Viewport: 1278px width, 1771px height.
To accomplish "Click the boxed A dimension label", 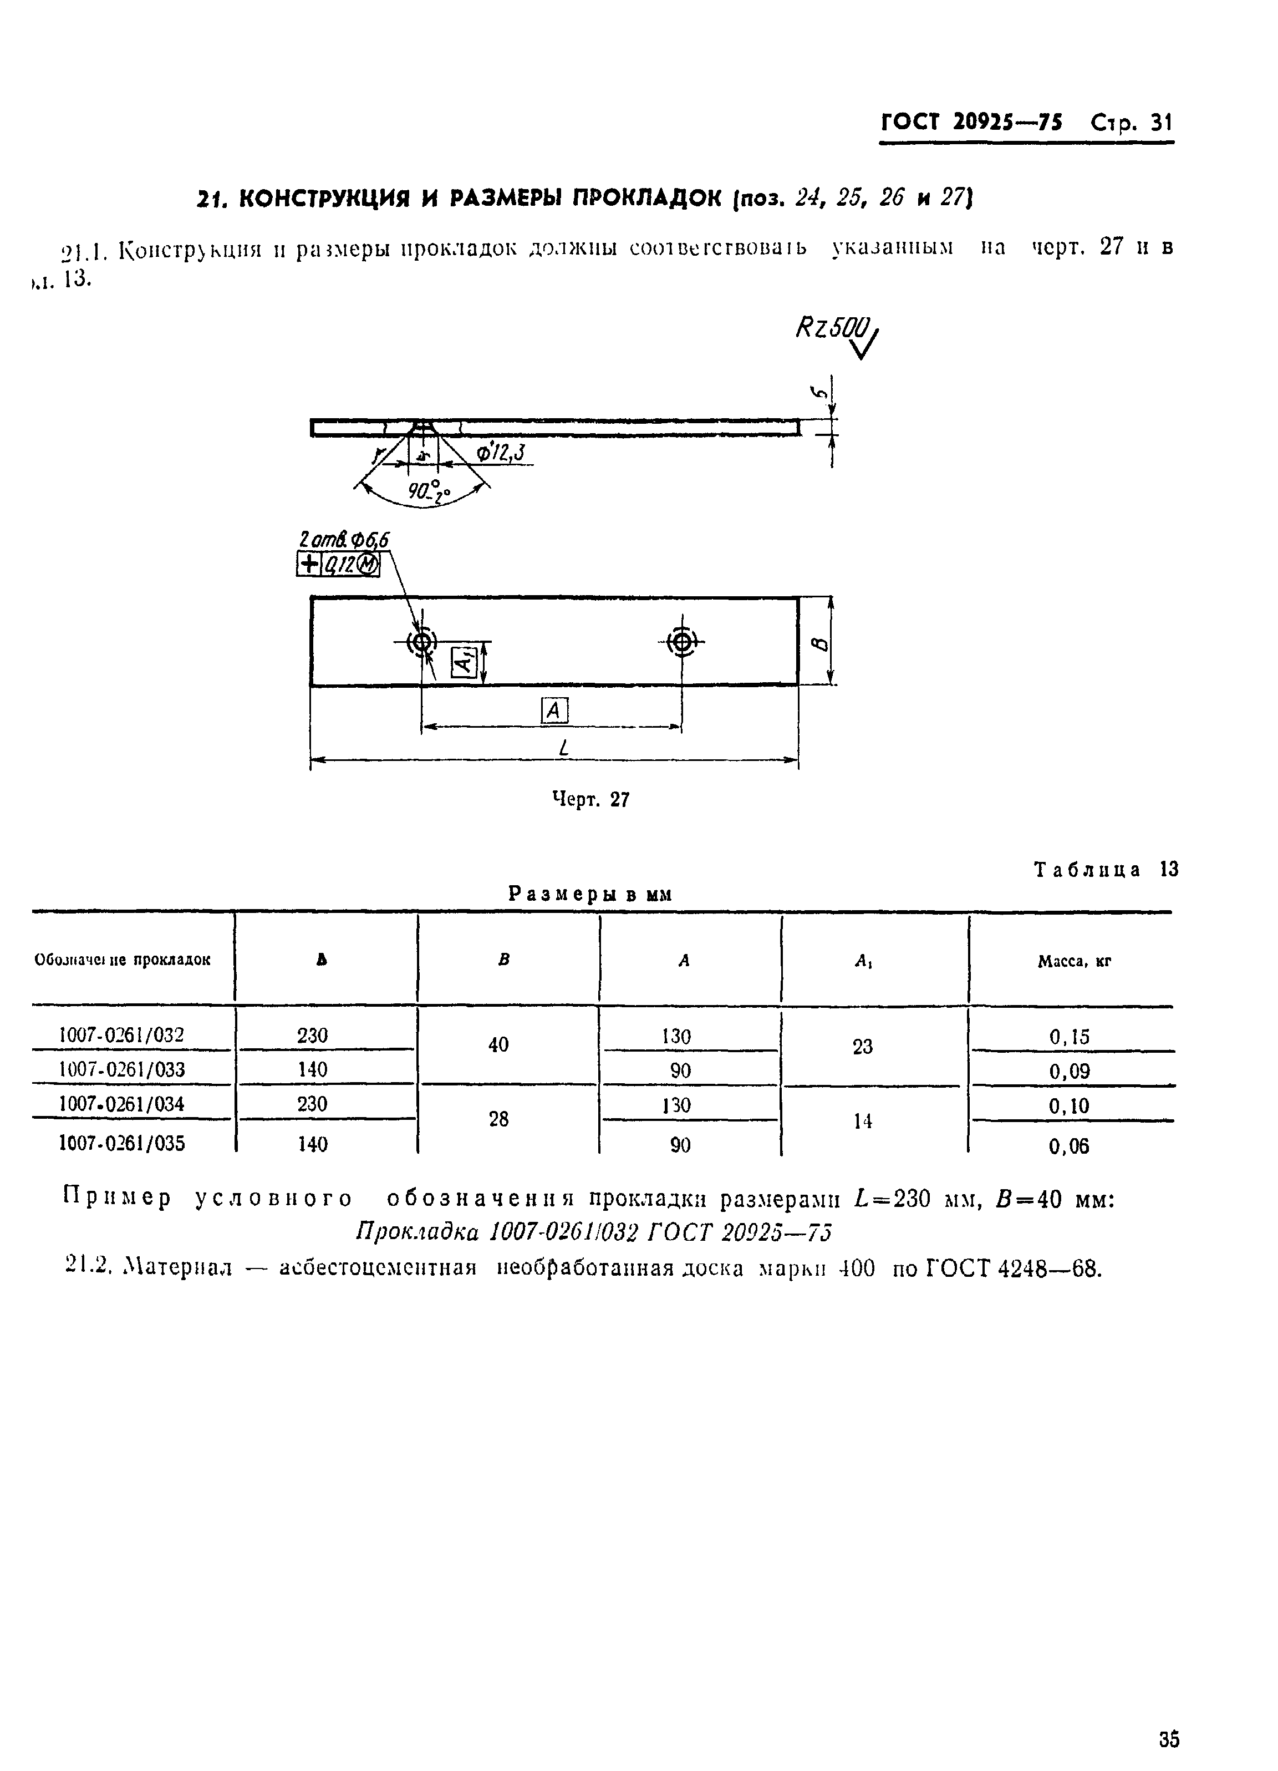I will (554, 711).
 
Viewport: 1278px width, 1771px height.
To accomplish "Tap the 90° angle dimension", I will (429, 492).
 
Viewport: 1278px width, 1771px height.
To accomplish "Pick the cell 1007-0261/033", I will (123, 1069).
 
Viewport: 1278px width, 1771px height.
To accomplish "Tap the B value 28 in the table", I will (498, 1119).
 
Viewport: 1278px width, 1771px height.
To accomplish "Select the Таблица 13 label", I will (1106, 869).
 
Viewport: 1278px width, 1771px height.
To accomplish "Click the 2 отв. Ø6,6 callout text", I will (344, 540).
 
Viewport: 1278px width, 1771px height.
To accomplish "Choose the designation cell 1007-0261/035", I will (123, 1144).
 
